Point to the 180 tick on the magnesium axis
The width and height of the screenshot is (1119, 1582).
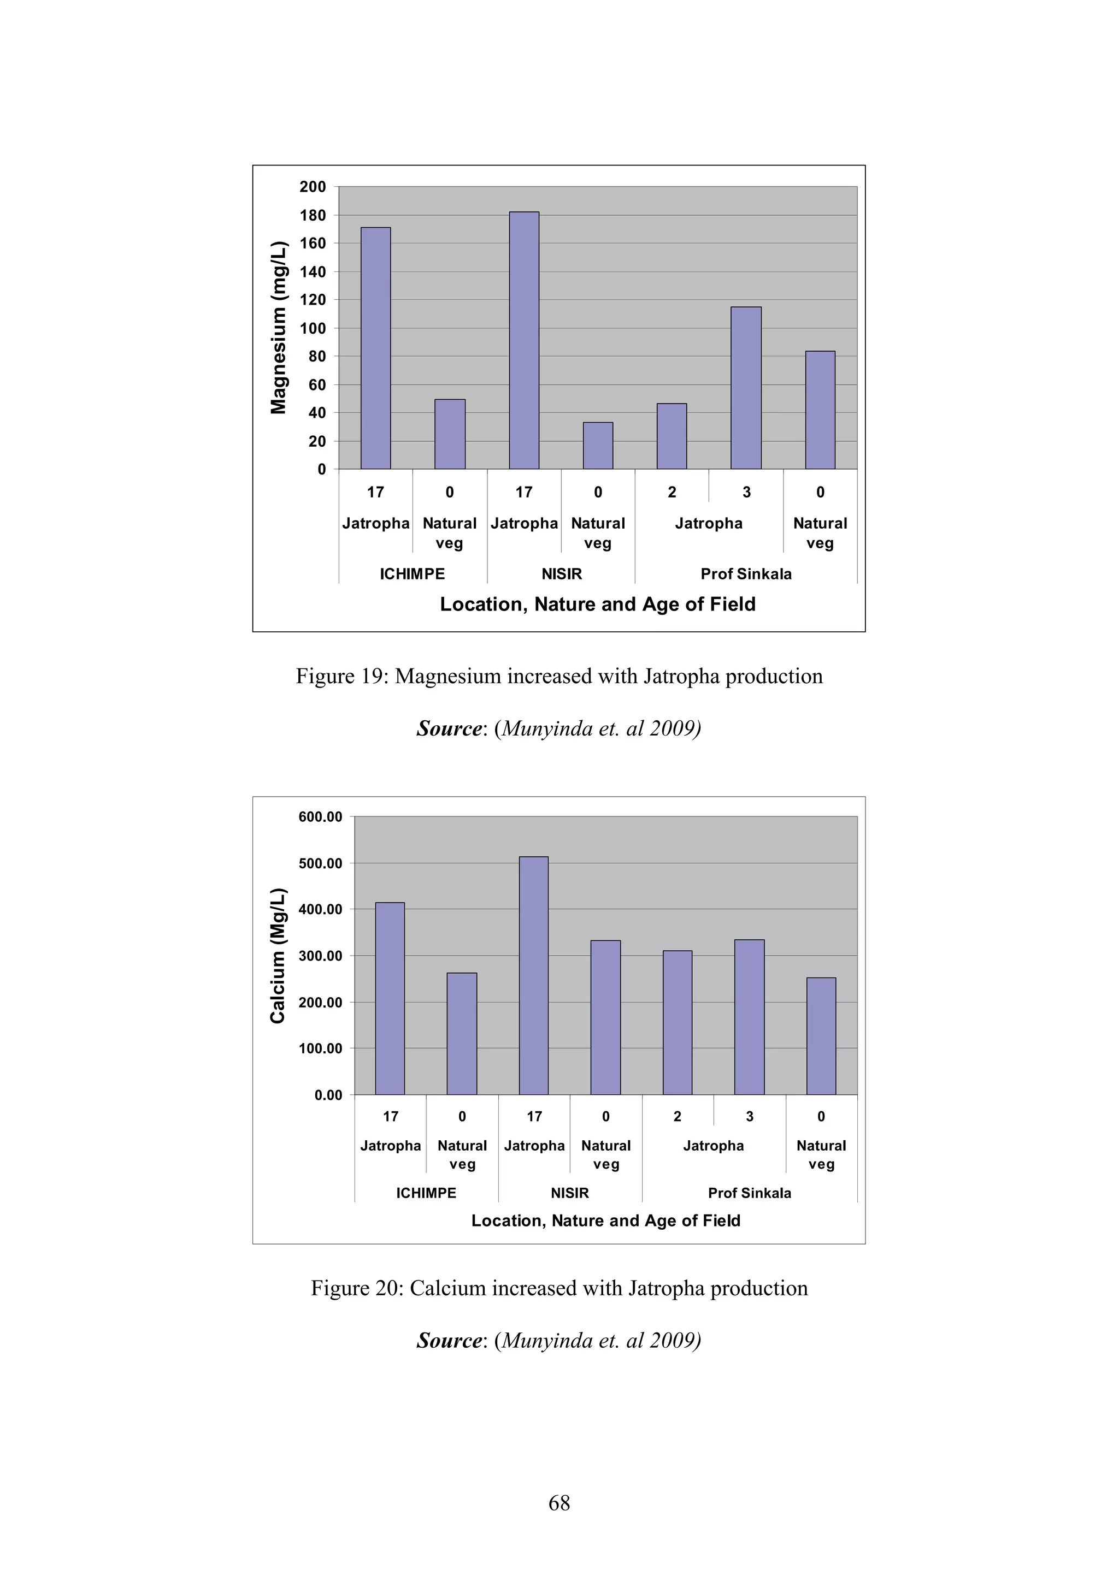(313, 216)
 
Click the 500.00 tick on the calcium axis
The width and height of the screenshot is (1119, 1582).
(320, 863)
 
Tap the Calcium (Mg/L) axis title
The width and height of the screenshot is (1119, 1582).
(278, 956)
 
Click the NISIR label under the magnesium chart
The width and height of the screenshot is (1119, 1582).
(561, 574)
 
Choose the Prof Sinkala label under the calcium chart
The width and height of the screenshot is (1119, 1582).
(750, 1193)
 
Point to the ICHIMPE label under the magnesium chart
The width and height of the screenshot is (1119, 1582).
(413, 574)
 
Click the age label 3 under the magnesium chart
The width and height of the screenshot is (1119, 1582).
(746, 492)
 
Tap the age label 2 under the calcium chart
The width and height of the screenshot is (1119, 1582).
(677, 1116)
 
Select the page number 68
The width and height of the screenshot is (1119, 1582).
(559, 1503)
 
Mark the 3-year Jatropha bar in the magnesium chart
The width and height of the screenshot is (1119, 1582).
(746, 388)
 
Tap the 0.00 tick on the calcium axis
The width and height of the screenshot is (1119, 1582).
(328, 1095)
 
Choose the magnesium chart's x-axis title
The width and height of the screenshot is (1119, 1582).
(598, 605)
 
